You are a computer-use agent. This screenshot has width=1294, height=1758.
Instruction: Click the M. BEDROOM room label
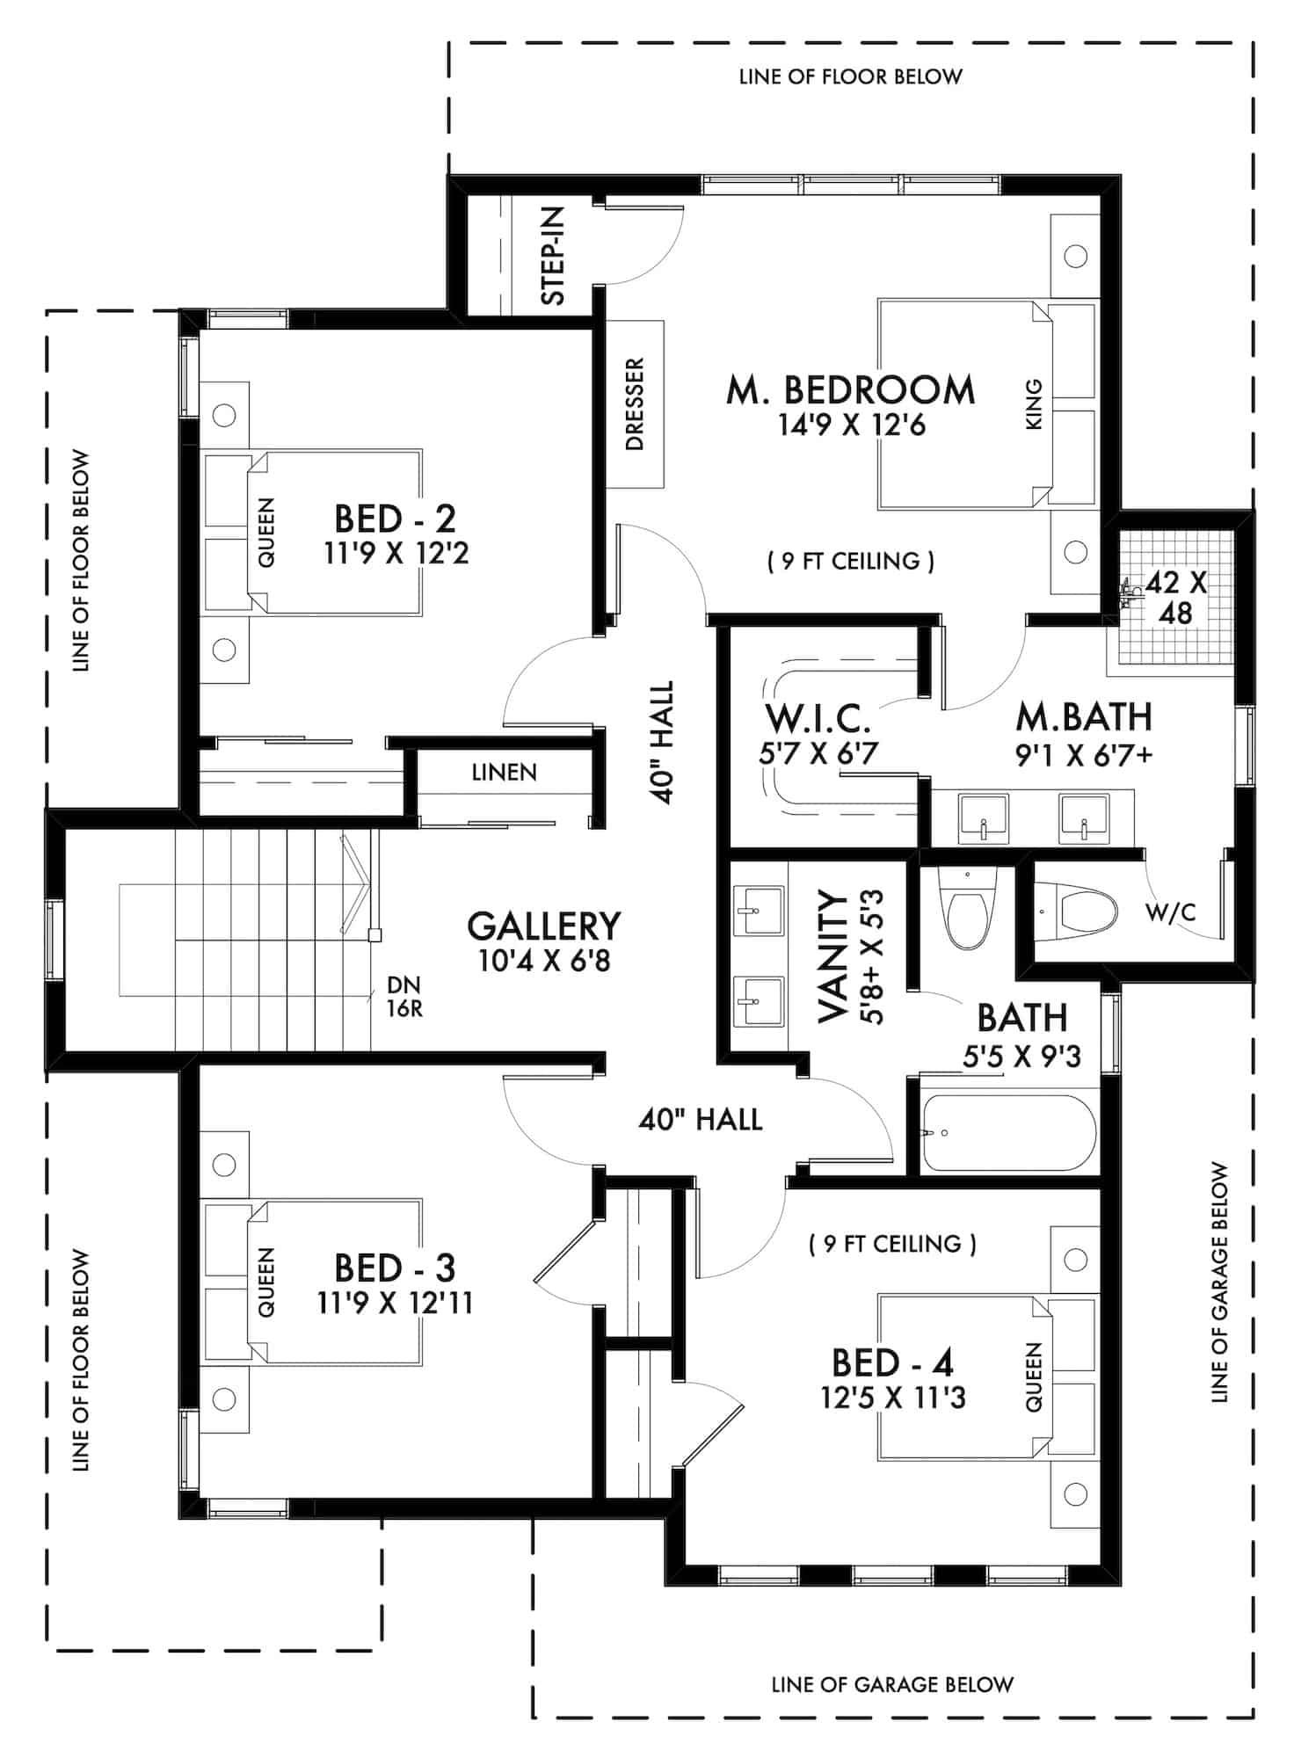tap(850, 390)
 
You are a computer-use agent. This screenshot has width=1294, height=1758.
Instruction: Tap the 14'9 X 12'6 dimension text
tap(851, 426)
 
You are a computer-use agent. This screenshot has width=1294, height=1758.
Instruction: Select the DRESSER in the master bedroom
tap(635, 403)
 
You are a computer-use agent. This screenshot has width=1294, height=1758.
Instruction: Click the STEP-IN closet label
tap(553, 256)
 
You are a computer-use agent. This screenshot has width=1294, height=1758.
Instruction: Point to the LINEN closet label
tap(504, 773)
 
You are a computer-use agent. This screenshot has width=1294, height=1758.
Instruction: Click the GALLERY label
tap(543, 926)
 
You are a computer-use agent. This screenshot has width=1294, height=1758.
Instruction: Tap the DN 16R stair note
tap(403, 996)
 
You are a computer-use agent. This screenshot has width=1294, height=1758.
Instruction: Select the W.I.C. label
tap(818, 718)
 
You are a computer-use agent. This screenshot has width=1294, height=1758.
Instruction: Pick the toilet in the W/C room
tap(1087, 912)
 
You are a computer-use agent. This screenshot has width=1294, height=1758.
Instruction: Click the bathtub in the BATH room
tap(1008, 1132)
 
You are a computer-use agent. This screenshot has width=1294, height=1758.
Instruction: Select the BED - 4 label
tap(892, 1362)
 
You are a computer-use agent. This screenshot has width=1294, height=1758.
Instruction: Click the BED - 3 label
tap(395, 1268)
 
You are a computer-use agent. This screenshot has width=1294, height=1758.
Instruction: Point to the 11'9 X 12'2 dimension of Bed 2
tap(396, 555)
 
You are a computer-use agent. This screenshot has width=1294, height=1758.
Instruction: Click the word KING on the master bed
tap(1034, 404)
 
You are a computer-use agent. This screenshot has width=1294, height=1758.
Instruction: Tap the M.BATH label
tap(1083, 718)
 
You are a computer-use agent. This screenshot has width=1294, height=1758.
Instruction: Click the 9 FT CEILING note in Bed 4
tap(891, 1244)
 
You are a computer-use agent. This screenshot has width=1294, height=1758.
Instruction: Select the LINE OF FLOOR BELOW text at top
tap(850, 76)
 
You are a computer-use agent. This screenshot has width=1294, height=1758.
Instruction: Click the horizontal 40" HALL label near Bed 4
tap(700, 1119)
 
